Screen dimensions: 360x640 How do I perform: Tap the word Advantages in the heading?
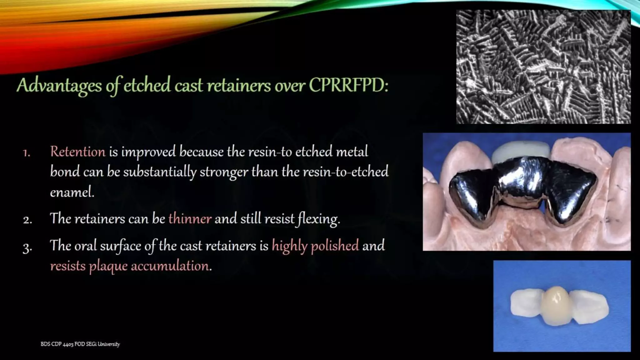pos(59,86)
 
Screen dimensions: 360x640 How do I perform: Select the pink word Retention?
pos(78,152)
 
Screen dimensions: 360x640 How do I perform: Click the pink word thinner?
pos(190,219)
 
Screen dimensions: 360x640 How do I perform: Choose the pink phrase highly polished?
pos(315,246)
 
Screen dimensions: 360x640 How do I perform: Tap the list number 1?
pos(27,153)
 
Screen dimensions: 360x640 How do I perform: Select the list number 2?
pos(27,220)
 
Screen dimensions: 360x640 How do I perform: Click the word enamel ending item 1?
pos(72,192)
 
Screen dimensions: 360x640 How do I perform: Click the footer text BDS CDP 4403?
pos(57,344)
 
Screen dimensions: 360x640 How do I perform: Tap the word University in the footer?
pos(109,344)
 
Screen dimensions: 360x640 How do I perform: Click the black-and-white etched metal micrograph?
pos(543,67)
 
